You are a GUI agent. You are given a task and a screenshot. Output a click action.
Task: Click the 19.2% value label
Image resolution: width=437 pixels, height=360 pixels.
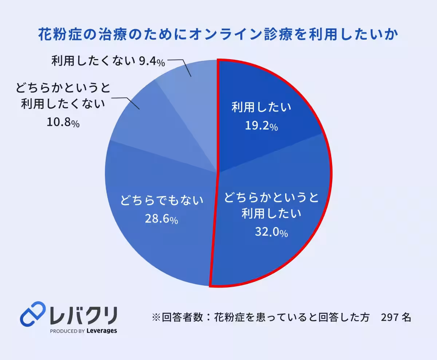[x=261, y=126]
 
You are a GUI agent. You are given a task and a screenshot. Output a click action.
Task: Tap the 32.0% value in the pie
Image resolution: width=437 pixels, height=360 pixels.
[x=271, y=232]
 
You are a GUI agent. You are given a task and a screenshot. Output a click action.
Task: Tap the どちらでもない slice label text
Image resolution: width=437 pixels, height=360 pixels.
[x=161, y=200]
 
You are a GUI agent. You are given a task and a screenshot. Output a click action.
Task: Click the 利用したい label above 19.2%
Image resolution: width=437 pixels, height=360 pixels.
[x=261, y=107]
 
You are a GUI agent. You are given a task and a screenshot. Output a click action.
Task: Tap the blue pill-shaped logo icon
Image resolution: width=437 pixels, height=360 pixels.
[x=32, y=313]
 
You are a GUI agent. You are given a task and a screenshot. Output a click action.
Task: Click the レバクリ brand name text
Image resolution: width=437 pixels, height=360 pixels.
[x=84, y=314]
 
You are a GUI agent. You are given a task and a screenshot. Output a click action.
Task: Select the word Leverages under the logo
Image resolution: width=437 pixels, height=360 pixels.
[x=102, y=331]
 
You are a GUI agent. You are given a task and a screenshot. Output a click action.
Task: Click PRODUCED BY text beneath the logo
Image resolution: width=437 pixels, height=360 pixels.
[x=67, y=331]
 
